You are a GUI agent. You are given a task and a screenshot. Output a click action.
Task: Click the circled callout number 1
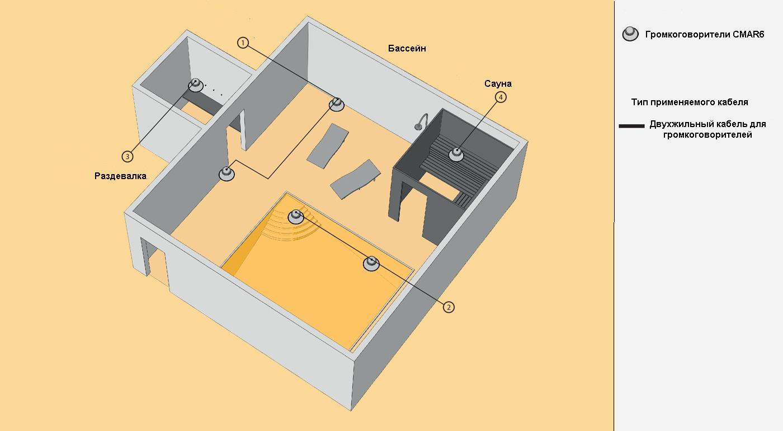click(243, 43)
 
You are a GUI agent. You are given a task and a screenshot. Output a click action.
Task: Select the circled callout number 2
click(449, 306)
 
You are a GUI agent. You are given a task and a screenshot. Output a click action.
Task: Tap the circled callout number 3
click(128, 155)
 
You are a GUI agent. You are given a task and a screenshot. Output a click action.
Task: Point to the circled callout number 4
click(501, 97)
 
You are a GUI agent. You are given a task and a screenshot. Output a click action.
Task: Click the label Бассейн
click(407, 49)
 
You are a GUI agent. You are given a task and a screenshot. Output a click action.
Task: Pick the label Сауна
click(498, 84)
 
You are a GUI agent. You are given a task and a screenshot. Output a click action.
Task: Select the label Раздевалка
click(120, 176)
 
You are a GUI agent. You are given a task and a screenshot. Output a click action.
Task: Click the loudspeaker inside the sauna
click(457, 153)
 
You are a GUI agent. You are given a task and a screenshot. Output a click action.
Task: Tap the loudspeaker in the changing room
click(195, 85)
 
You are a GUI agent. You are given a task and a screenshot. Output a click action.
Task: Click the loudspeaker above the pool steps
click(296, 217)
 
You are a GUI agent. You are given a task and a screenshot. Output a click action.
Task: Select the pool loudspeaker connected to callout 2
click(371, 263)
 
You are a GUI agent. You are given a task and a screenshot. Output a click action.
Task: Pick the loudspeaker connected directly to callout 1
click(337, 104)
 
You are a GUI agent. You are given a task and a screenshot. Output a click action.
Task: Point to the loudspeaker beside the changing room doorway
click(226, 174)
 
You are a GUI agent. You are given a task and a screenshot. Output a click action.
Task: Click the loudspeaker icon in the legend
click(630, 34)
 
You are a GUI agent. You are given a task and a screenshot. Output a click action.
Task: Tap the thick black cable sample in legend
click(632, 127)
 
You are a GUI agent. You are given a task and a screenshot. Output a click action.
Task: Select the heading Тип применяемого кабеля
click(690, 102)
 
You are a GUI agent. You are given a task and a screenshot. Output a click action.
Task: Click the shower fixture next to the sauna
click(421, 121)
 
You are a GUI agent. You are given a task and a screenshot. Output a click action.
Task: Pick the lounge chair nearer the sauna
click(355, 179)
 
